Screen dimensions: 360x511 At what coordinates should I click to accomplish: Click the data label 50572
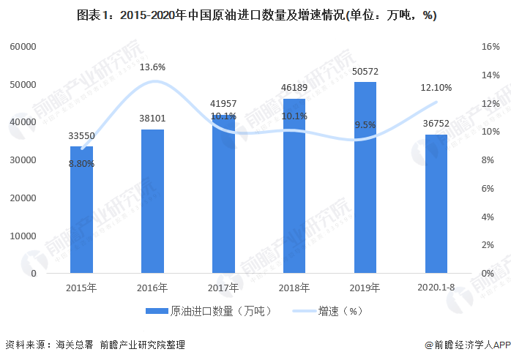point(365,72)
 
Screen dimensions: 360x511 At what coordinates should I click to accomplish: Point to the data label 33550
point(81,136)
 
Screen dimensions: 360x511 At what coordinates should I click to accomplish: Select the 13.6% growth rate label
point(152,67)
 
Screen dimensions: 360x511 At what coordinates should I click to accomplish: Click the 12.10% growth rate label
point(436,88)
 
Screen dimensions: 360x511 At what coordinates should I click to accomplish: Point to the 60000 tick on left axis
point(23,47)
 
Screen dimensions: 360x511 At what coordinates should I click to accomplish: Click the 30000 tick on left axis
point(23,160)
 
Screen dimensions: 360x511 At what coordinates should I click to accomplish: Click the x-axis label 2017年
point(223,287)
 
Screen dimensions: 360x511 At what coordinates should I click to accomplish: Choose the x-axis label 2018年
point(294,287)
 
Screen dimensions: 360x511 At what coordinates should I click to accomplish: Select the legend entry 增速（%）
point(340,311)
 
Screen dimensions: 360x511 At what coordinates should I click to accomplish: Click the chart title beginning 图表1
point(255,16)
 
